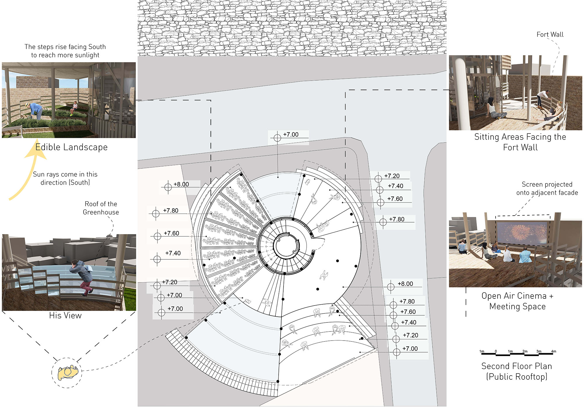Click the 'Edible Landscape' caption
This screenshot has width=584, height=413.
72,147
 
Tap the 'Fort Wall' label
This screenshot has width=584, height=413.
550,34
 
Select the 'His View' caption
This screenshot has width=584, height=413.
65,315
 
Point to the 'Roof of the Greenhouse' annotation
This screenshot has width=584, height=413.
101,208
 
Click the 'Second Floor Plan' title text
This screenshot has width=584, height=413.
517,366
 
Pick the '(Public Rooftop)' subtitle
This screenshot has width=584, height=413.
517,376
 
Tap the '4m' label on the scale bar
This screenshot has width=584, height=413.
553,351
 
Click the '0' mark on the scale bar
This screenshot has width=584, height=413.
496,351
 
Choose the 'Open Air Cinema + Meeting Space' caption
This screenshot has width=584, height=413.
517,301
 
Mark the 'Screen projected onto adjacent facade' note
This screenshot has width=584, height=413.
547,188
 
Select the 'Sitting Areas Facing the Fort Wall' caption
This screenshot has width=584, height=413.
520,142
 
